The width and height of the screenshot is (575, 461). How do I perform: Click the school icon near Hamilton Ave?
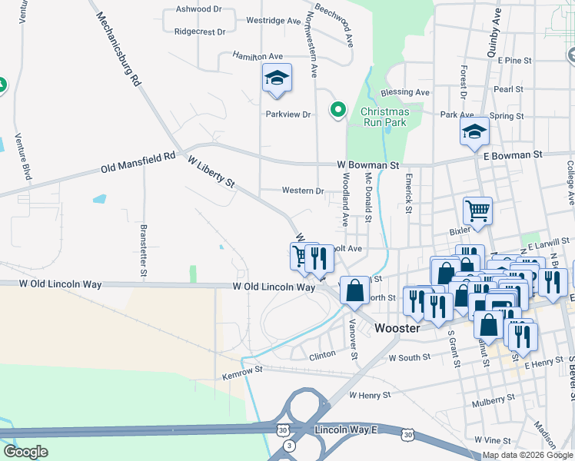point(277,78)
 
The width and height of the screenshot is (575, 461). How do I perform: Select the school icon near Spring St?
point(474,131)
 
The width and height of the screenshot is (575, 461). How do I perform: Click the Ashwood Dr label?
point(198,9)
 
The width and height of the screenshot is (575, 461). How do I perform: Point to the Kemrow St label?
point(243,370)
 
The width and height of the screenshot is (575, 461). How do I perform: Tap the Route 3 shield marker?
point(288,446)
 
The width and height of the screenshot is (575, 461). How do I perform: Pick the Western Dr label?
point(303,191)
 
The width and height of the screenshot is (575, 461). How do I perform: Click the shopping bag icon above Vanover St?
point(354,290)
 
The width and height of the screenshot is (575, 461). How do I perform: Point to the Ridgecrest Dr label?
point(200,32)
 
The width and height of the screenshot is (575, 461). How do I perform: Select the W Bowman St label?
point(368,165)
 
